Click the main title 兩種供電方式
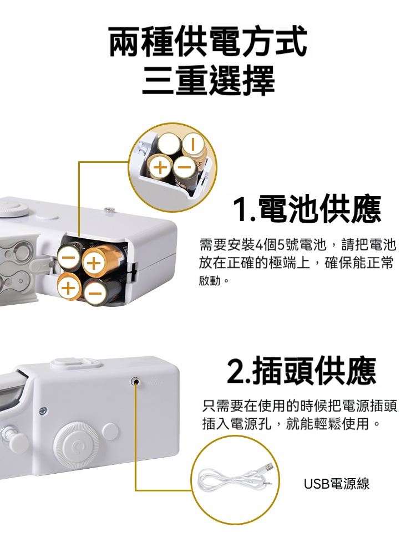coord(208,42)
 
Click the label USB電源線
coord(337,484)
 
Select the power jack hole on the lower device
coord(135,381)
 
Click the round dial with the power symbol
coord(75,448)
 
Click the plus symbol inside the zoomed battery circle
coord(160,167)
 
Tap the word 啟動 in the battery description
coord(210,281)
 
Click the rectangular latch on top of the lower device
coord(75,363)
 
